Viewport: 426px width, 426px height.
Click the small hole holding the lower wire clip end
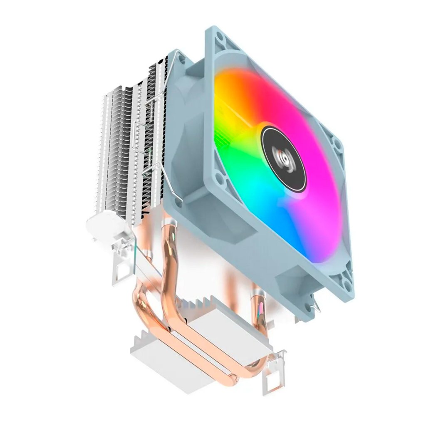(180, 203)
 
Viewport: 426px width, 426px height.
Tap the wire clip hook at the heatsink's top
(177, 52)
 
